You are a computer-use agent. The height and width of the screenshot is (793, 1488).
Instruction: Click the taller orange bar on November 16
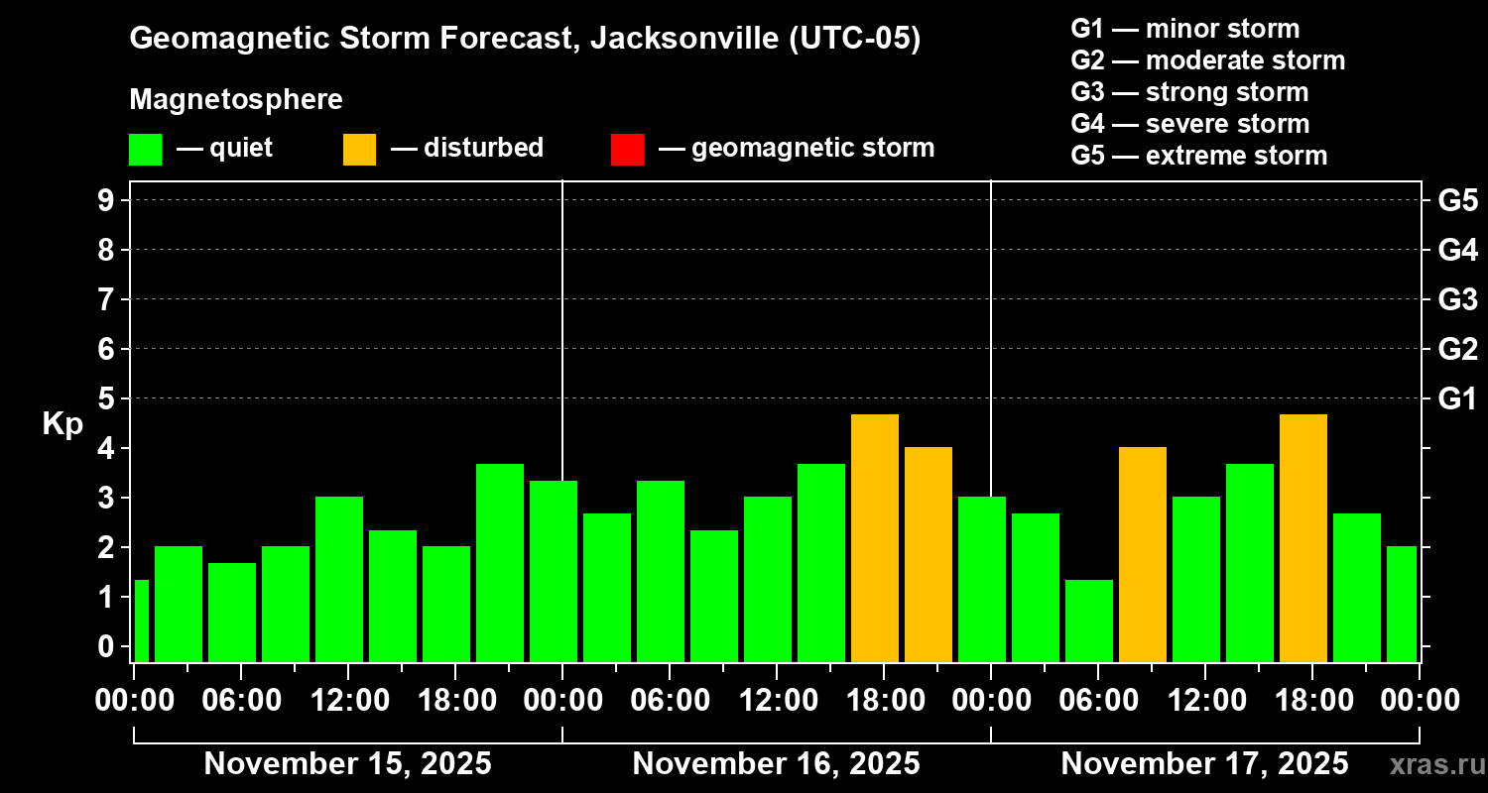coord(875,538)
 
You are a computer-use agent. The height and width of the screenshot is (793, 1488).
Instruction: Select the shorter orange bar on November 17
coord(1143,554)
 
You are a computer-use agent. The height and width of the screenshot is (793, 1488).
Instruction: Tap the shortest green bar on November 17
coord(1089,621)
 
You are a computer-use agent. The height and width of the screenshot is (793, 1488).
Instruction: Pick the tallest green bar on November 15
coord(500,562)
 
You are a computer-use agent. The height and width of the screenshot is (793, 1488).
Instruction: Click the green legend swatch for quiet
coord(145,149)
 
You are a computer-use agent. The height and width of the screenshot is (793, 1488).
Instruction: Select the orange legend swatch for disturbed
coord(359,149)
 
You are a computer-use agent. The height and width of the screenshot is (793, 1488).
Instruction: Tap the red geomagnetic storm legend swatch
coord(627,149)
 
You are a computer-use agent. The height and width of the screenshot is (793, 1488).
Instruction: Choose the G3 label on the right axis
coord(1457,299)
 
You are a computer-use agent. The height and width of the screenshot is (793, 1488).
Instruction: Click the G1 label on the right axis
coord(1457,399)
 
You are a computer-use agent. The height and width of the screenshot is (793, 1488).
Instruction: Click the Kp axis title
coord(62,424)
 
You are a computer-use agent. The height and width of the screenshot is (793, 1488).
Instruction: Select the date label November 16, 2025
coord(776,764)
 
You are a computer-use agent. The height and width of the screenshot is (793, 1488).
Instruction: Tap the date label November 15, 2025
coord(347,764)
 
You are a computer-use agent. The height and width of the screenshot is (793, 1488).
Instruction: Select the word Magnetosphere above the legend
coord(236,100)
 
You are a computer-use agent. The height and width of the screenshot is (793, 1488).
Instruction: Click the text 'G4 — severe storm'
coord(1189,124)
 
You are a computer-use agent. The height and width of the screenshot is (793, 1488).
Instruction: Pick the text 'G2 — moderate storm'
coord(1207,60)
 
